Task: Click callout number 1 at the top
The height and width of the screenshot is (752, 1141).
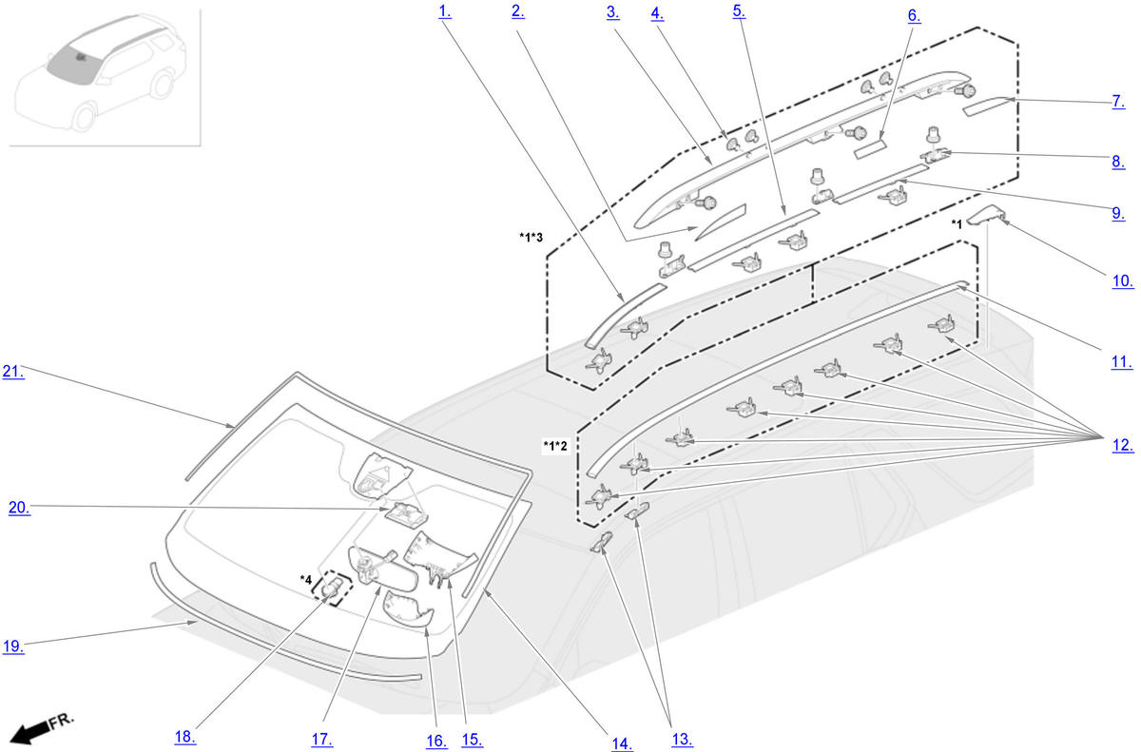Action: (x=444, y=12)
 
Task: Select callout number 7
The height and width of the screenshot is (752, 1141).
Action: (x=1118, y=102)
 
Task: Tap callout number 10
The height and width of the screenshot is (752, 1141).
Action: (x=1122, y=280)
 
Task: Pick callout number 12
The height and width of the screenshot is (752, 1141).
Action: (x=1122, y=444)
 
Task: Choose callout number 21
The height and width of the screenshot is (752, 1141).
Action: (x=13, y=372)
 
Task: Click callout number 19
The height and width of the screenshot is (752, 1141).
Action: (x=12, y=646)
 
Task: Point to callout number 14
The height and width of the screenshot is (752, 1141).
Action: (x=622, y=743)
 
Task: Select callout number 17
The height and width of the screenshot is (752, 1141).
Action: (x=321, y=738)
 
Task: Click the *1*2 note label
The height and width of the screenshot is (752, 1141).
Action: (x=555, y=446)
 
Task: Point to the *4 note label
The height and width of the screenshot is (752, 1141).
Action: (x=305, y=579)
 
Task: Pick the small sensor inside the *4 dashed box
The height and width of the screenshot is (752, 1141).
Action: (x=333, y=590)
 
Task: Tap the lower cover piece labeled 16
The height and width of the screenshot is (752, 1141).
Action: (x=407, y=608)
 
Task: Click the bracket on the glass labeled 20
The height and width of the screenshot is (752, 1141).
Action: (x=404, y=515)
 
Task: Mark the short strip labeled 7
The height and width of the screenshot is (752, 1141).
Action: (x=989, y=105)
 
